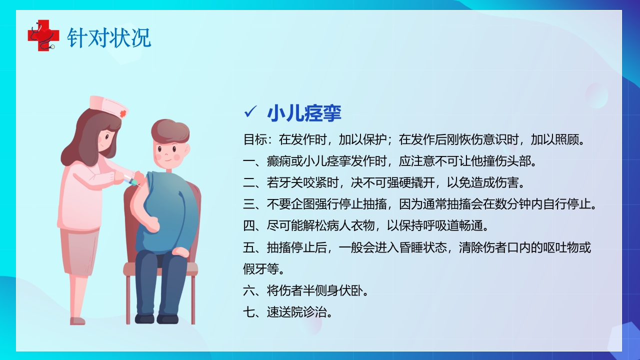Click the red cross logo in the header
pos(40,35)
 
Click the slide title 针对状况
pos(109,38)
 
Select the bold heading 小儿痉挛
pos(304,113)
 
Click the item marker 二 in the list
pos(249,183)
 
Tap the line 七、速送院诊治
pos(288,313)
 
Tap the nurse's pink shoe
pos(77,320)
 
